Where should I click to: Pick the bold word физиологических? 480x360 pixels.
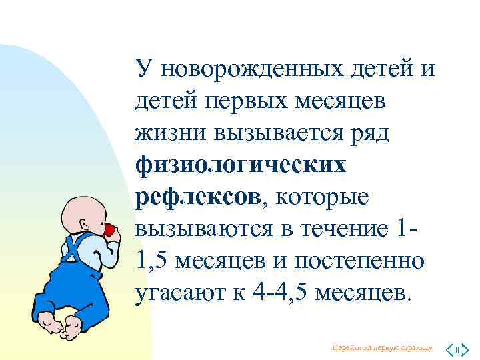click(241, 165)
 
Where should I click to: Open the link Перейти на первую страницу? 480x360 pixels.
click(382, 348)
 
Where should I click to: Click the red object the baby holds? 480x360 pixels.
click(109, 229)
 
